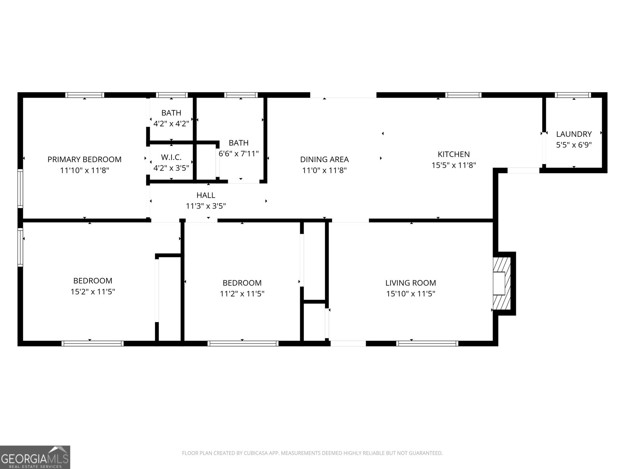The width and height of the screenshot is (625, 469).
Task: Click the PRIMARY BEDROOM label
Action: (84, 159)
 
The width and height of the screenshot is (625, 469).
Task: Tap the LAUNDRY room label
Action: (574, 134)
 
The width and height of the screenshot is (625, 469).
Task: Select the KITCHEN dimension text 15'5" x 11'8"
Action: (454, 165)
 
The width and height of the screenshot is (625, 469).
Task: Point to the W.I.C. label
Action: (171, 157)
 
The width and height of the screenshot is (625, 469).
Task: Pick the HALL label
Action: (205, 195)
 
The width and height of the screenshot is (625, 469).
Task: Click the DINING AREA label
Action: (324, 159)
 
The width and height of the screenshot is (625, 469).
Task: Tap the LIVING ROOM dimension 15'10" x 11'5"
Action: (411, 294)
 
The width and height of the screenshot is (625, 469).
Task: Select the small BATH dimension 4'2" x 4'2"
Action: (171, 124)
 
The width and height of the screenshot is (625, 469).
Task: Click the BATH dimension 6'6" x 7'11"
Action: (239, 154)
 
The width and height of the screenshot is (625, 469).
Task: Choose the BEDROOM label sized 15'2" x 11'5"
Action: (93, 281)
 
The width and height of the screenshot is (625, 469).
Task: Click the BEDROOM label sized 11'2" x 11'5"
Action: (242, 283)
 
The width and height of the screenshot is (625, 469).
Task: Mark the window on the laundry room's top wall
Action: (573, 95)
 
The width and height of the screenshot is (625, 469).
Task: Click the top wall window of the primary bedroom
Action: (85, 95)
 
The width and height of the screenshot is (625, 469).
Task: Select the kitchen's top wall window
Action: (463, 95)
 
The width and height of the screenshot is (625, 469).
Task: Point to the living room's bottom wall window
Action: (427, 344)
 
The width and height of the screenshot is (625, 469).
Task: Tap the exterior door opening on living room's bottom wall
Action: (348, 344)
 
